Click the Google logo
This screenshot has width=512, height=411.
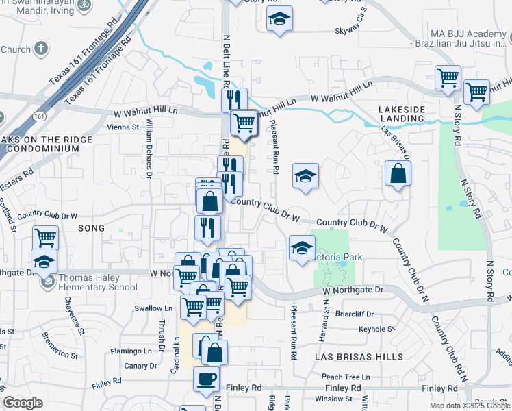23,403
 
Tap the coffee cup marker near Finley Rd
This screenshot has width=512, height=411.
206,379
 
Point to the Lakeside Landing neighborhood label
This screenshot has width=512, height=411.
402,114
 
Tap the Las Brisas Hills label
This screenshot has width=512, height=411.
349,358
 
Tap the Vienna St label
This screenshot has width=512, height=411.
123,127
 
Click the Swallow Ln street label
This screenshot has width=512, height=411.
149,309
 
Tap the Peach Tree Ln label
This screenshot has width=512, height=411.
346,377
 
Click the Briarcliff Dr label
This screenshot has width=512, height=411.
356,314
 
